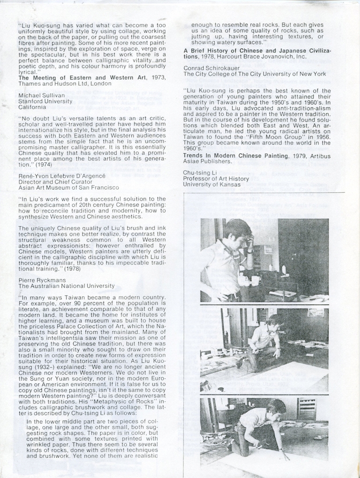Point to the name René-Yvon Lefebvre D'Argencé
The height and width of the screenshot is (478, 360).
pyautogui.click(x=62, y=175)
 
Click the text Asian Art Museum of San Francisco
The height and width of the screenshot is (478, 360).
pyautogui.click(x=68, y=187)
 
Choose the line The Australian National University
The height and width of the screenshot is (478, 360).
pyautogui.click(x=66, y=286)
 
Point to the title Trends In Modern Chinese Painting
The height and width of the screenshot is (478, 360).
pyautogui.click(x=236, y=156)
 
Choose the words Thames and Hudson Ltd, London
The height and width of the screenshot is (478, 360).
pyautogui.click(x=65, y=83)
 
